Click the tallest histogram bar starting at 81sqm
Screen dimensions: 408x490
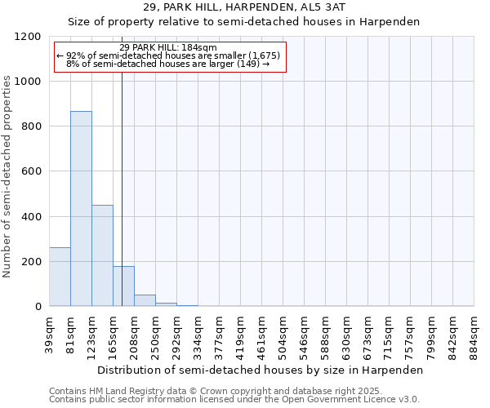81,208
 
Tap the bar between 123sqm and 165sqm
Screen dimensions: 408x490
102,255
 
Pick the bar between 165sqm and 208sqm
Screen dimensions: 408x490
123,286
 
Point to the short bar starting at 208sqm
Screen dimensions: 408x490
145,300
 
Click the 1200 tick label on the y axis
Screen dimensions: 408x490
29,37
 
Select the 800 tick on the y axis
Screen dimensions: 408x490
32,126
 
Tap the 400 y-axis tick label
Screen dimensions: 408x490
32,216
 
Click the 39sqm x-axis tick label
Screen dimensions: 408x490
50,332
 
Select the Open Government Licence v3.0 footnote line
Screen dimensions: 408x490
234,400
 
